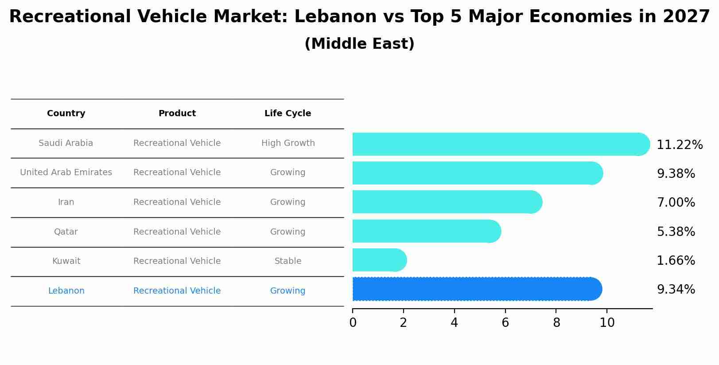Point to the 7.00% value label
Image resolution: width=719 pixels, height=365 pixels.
[x=676, y=203]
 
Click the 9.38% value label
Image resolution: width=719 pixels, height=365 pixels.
[x=676, y=174]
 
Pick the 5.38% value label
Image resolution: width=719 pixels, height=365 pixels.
[x=676, y=232]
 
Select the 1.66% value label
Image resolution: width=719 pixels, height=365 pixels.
[x=676, y=261]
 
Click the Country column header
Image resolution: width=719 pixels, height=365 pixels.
[x=66, y=114]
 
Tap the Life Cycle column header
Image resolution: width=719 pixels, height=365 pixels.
[x=288, y=114]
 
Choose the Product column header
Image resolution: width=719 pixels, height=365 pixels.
[x=177, y=114]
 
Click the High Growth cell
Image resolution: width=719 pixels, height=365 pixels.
[x=288, y=143]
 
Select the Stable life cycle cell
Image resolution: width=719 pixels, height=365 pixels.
[x=288, y=261]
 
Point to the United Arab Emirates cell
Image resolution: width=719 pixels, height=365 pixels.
[x=66, y=173]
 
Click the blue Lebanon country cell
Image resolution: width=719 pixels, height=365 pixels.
[x=66, y=291]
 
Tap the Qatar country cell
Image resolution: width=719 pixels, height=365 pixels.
[x=66, y=232]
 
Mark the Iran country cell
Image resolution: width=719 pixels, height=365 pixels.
[x=66, y=202]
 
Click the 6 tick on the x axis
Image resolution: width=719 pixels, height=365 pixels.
[x=505, y=323]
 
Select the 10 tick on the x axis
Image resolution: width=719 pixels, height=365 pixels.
[x=607, y=323]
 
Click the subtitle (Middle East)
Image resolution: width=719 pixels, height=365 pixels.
[x=359, y=44]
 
